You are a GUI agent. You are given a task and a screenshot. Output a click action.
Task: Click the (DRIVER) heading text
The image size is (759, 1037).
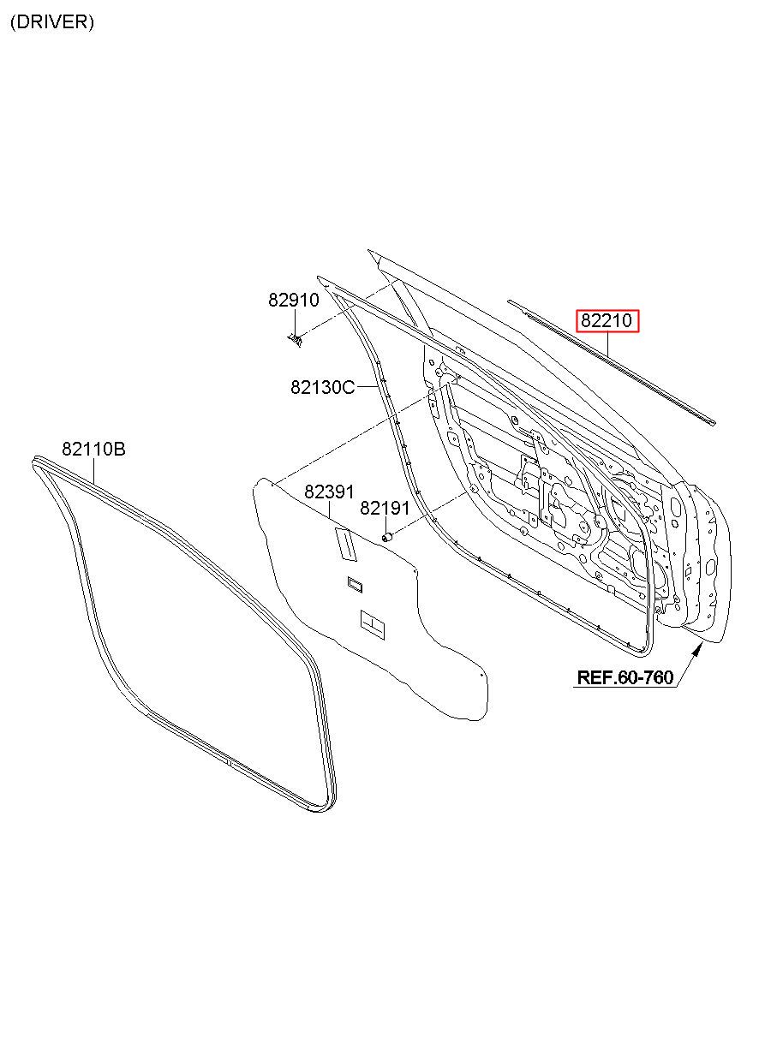[52, 23]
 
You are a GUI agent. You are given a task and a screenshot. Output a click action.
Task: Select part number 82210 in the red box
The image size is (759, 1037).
[607, 321]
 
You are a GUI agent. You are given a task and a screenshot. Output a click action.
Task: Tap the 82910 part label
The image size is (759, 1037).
[293, 300]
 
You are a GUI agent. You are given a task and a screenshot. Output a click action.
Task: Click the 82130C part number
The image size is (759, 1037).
[322, 387]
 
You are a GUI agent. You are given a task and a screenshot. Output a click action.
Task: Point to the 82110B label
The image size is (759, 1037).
[93, 449]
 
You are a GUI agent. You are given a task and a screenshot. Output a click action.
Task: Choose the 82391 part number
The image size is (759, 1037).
[329, 492]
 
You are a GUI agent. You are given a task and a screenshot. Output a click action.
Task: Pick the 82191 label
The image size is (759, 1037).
[385, 509]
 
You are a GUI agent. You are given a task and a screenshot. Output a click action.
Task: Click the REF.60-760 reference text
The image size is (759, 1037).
[625, 677]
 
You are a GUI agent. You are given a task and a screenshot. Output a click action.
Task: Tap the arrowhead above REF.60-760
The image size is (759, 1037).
[698, 650]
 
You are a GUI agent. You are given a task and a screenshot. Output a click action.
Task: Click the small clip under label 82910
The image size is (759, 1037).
[296, 340]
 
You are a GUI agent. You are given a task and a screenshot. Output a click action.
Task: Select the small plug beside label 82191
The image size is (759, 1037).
[386, 536]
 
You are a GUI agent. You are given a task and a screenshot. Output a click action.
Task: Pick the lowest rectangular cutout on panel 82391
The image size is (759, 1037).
[373, 625]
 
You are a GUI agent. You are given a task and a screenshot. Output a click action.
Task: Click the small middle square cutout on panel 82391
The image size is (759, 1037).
[355, 585]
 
